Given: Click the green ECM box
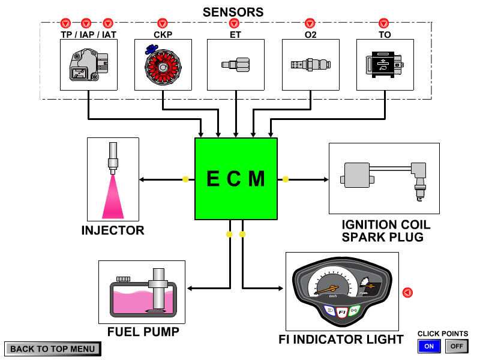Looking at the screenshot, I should (236, 179).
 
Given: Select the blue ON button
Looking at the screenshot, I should (429, 346).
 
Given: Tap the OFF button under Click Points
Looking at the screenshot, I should (457, 346).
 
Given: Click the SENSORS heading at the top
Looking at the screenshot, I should (233, 12).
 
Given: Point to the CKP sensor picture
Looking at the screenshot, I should (163, 65).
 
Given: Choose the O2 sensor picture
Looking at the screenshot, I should (310, 65).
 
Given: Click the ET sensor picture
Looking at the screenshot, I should (236, 65).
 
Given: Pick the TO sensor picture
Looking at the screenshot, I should (385, 65).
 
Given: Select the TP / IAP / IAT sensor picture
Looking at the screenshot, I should (88, 65).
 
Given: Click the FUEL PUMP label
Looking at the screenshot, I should (143, 332).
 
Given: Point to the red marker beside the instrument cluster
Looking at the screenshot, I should (407, 293).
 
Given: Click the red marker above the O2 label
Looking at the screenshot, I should (310, 23).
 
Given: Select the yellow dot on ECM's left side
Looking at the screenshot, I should (185, 179).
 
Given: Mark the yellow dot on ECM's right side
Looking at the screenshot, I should (286, 179).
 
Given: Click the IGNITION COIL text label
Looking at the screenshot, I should (386, 225).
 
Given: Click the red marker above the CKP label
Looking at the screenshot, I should (163, 23).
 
